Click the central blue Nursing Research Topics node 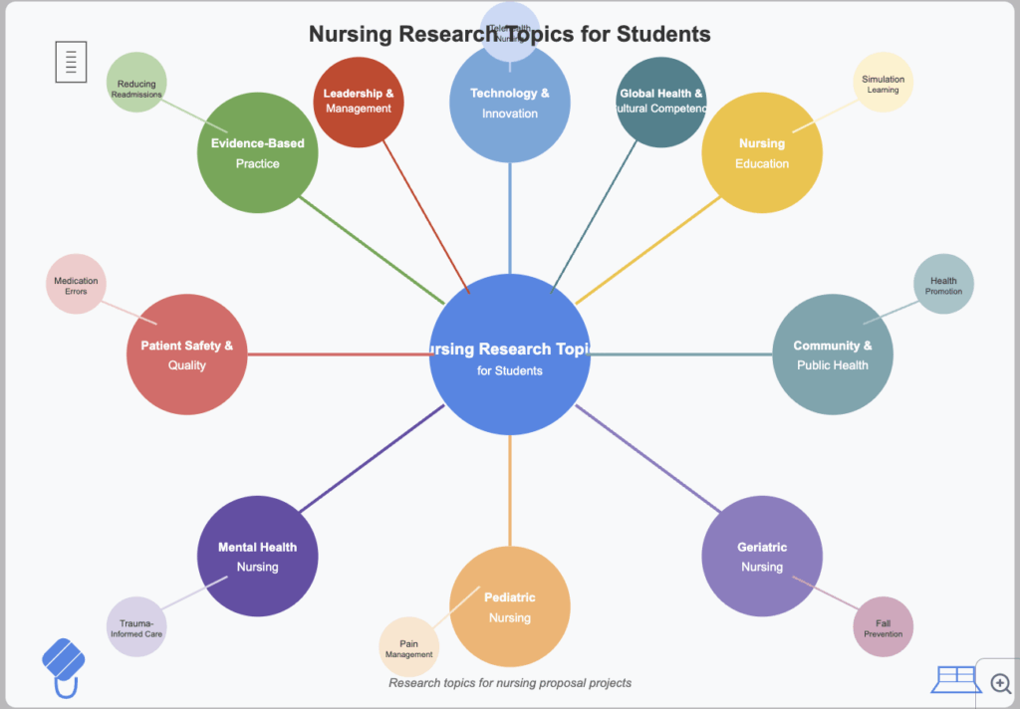tap(509, 354)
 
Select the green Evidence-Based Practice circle tap(257, 152)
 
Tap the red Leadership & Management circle tap(358, 102)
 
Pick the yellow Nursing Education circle tap(762, 152)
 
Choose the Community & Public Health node tap(833, 354)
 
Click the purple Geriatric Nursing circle tap(762, 557)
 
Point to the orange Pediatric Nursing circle tap(509, 607)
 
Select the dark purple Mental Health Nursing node tap(257, 557)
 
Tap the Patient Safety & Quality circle tap(186, 354)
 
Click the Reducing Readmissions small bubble tap(136, 83)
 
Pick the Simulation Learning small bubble tap(883, 83)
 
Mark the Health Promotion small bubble tap(943, 285)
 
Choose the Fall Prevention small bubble tap(883, 627)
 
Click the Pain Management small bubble tap(408, 647)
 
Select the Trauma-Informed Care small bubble tap(135, 627)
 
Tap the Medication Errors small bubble tap(76, 285)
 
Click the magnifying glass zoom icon tap(1000, 683)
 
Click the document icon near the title tap(71, 62)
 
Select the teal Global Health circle tap(660, 102)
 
